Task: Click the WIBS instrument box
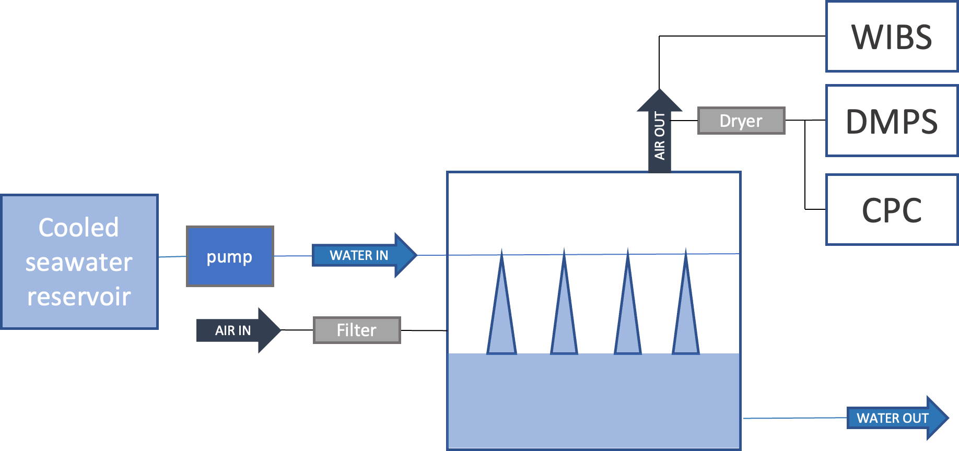tap(892, 37)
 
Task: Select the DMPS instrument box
tap(892, 121)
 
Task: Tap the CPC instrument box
tap(892, 210)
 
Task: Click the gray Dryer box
tap(741, 121)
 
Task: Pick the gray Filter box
tap(357, 330)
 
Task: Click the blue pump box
tap(230, 256)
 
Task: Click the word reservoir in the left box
tap(79, 296)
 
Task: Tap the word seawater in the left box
tap(79, 262)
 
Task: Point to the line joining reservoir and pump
tap(172, 256)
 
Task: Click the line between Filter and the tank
tap(424, 330)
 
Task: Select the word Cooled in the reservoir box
tap(79, 228)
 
